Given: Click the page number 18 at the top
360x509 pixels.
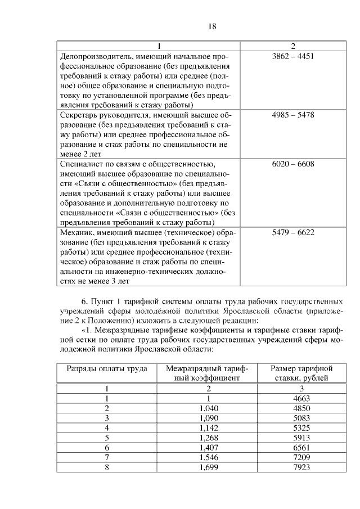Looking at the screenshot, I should (x=212, y=26).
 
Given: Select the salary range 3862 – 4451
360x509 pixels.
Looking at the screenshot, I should (x=292, y=56).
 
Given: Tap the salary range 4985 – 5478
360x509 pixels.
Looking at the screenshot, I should (x=292, y=115).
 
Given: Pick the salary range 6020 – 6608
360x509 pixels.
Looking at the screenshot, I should (x=292, y=164).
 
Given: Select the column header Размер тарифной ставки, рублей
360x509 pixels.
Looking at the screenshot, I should (x=301, y=373).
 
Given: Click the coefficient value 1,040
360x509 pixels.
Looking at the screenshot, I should (x=208, y=408).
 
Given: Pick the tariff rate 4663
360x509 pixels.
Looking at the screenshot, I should (x=301, y=398).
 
